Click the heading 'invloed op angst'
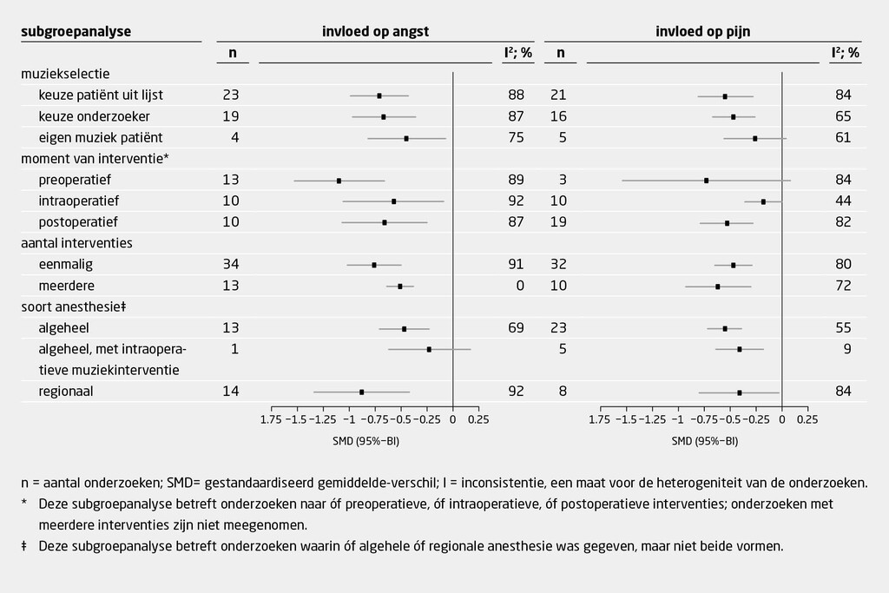tap(375, 31)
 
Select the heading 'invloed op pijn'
tap(703, 31)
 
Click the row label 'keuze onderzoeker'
tap(95, 116)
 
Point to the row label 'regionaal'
tap(66, 392)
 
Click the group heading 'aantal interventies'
tap(76, 243)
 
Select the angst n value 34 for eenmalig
tap(231, 265)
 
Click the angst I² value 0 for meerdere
tap(519, 286)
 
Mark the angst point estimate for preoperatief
tap(339, 181)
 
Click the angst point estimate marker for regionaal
tap(362, 392)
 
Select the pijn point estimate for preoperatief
tap(707, 181)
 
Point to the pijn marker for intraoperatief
tap(763, 201)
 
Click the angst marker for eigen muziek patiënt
tap(406, 138)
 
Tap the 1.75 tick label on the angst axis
tap(272, 420)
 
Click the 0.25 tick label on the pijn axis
tap(807, 420)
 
